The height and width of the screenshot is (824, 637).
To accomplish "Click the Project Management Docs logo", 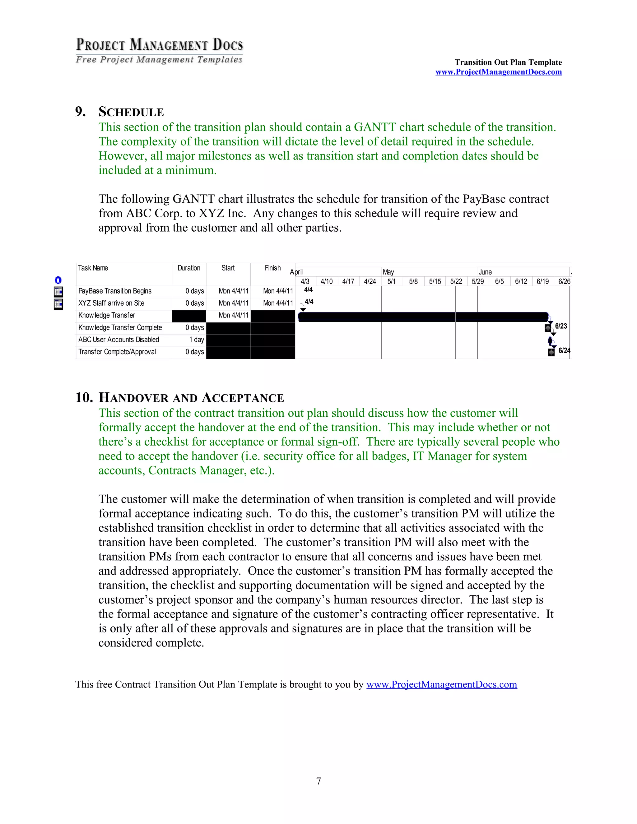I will pyautogui.click(x=159, y=50).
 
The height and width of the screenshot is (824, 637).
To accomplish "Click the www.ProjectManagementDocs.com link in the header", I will pyautogui.click(x=498, y=72).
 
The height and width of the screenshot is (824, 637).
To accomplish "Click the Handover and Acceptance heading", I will pyautogui.click(x=191, y=398).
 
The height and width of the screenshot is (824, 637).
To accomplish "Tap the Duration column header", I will pyautogui.click(x=189, y=268).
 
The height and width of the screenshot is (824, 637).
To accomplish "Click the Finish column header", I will pyautogui.click(x=272, y=268).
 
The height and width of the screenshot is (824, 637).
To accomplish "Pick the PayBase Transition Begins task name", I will pyautogui.click(x=115, y=291).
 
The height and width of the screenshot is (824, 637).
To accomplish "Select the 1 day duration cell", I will pyautogui.click(x=196, y=340).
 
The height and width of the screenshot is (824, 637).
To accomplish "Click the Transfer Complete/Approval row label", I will pyautogui.click(x=117, y=352).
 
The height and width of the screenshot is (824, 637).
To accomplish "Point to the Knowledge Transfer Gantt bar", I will pyautogui.click(x=423, y=317).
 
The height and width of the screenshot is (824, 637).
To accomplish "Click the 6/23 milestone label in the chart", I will pyautogui.click(x=561, y=326).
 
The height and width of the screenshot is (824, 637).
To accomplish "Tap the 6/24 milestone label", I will pyautogui.click(x=564, y=350).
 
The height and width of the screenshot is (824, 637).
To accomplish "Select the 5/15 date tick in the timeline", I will pyautogui.click(x=435, y=281).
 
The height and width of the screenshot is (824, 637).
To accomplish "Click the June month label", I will pyautogui.click(x=485, y=272).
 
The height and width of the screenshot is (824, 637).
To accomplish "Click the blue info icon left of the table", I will pyautogui.click(x=58, y=280).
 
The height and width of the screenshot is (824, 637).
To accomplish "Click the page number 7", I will pyautogui.click(x=318, y=781).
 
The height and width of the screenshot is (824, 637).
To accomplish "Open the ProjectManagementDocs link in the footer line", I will pyautogui.click(x=442, y=684).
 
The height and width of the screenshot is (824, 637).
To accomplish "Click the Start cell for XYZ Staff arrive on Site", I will pyautogui.click(x=233, y=303).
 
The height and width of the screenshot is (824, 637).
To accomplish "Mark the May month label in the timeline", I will pyautogui.click(x=388, y=272).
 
